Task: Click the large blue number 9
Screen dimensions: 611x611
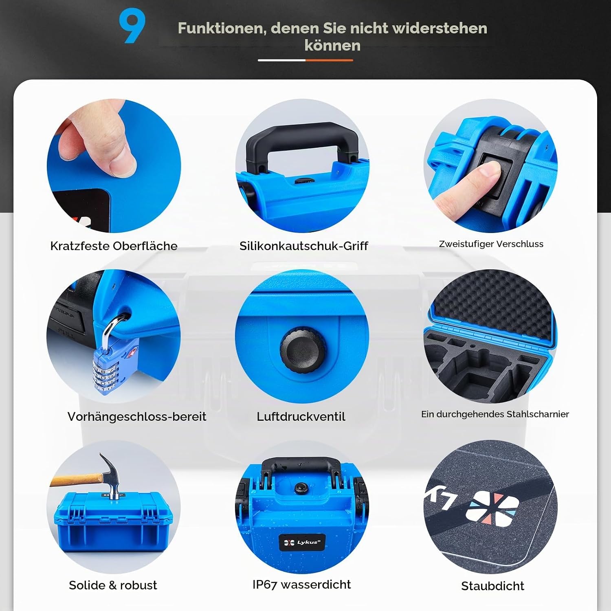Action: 132,26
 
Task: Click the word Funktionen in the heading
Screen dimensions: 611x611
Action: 222,28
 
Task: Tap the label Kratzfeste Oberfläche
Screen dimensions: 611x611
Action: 114,246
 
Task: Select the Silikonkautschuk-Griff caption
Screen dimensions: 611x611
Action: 303,246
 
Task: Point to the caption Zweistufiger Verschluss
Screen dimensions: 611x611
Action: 491,244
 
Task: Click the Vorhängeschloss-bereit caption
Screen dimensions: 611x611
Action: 137,416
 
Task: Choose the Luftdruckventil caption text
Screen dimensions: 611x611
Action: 301,416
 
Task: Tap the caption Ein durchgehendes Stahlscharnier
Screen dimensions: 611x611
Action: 495,414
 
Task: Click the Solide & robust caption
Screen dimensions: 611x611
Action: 113,585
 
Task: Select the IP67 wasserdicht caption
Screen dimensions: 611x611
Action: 301,584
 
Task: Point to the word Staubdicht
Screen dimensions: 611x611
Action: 492,586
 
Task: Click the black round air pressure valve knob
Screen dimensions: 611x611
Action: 302,350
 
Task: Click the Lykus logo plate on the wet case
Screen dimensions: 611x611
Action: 302,542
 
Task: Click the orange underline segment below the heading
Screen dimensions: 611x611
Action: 329,60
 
